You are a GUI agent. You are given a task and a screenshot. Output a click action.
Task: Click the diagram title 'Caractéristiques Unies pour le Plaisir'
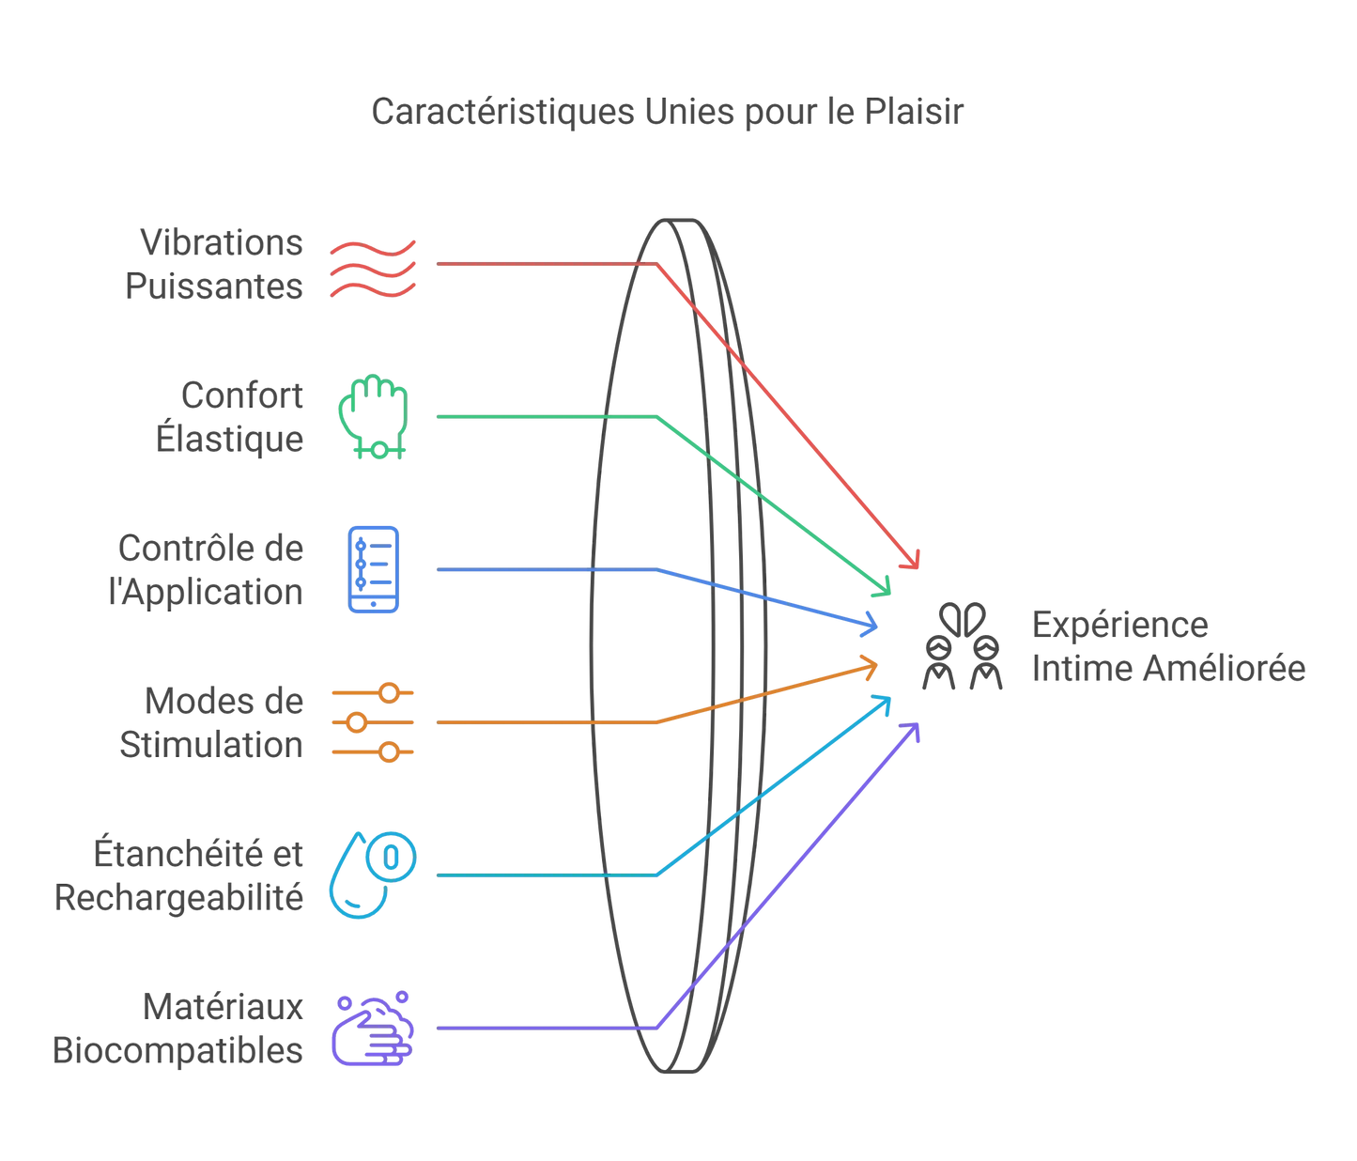tap(667, 112)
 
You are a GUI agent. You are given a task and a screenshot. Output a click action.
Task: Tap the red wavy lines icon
tap(373, 269)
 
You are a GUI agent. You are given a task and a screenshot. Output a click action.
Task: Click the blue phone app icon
tap(373, 569)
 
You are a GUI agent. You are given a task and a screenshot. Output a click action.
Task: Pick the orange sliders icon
tap(373, 722)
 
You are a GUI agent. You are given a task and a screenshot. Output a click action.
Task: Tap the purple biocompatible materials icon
tap(373, 1029)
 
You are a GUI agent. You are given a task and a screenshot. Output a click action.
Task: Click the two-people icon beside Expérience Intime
tap(963, 647)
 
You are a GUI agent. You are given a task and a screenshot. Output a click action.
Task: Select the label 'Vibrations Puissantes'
tap(215, 265)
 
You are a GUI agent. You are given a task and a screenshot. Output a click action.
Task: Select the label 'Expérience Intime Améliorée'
tap(1167, 647)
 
